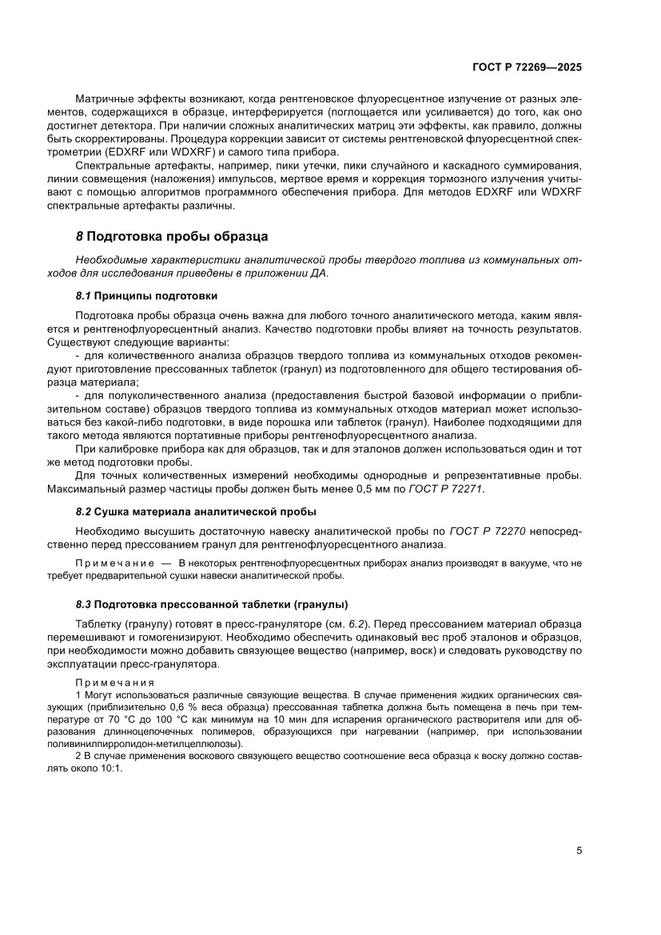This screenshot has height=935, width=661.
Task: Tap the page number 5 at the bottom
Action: click(x=579, y=850)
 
